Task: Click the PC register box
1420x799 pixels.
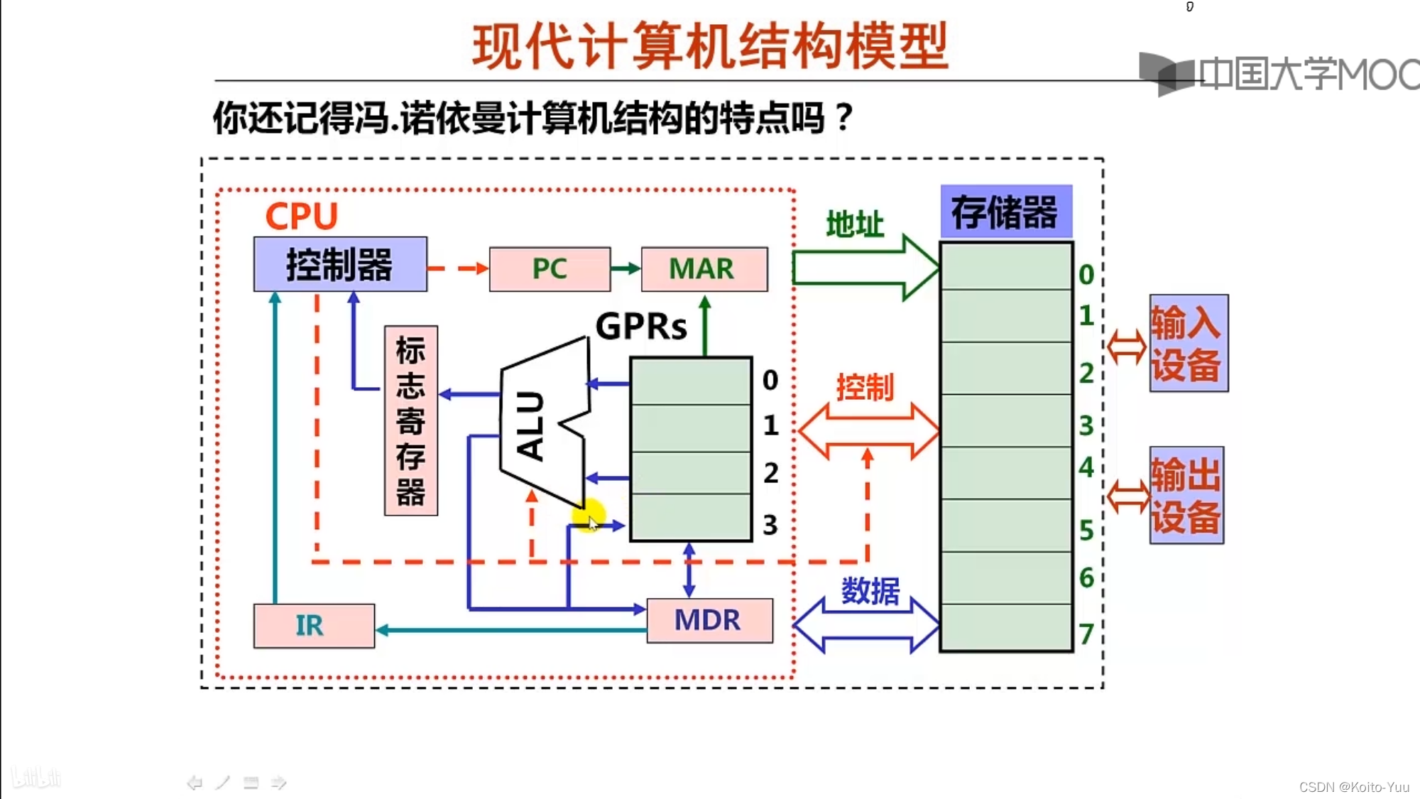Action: [x=550, y=269]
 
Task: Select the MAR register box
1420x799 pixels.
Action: [x=704, y=269]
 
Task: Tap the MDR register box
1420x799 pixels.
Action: [x=709, y=621]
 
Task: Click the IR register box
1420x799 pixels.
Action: [x=314, y=626]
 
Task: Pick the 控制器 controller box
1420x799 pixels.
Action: [x=340, y=264]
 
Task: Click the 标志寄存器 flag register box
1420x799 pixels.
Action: [x=411, y=421]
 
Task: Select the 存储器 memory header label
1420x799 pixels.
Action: [x=1005, y=212]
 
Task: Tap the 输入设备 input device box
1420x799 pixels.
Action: [x=1188, y=343]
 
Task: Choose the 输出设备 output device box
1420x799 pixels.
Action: [x=1186, y=495]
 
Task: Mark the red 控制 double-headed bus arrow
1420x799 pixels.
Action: [x=868, y=430]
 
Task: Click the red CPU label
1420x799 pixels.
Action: [x=301, y=216]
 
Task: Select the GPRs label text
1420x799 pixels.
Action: [x=641, y=327]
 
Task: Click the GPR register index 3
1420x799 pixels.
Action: [x=770, y=525]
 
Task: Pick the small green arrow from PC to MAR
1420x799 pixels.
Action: [x=626, y=268]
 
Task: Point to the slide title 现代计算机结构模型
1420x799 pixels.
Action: [x=711, y=47]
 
